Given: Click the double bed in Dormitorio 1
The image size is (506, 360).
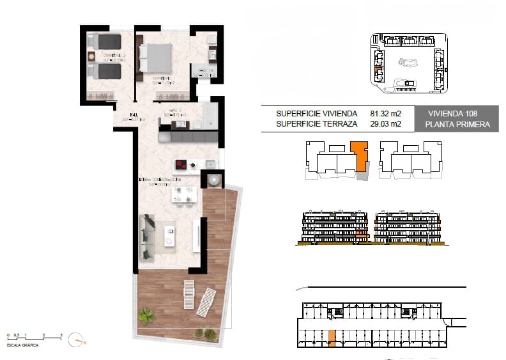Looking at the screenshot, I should pyautogui.click(x=157, y=58).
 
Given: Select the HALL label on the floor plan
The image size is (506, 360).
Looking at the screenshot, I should pyautogui.click(x=135, y=116).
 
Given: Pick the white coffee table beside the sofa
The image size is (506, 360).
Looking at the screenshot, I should pyautogui.click(x=169, y=235).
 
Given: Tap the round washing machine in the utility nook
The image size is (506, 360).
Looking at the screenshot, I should pyautogui.click(x=212, y=180).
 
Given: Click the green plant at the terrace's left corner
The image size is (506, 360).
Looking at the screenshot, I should pyautogui.click(x=146, y=315).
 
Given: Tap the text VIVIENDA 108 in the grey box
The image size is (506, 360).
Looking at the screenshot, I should pyautogui.click(x=454, y=114).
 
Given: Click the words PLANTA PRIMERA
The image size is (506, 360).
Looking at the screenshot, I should pyautogui.click(x=454, y=125).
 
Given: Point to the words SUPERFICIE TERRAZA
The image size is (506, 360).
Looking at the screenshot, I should pyautogui.click(x=316, y=125).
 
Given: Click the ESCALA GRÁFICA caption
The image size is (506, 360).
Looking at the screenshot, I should pyautogui.click(x=23, y=345).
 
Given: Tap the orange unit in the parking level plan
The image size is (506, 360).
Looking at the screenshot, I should pyautogui.click(x=331, y=340).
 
